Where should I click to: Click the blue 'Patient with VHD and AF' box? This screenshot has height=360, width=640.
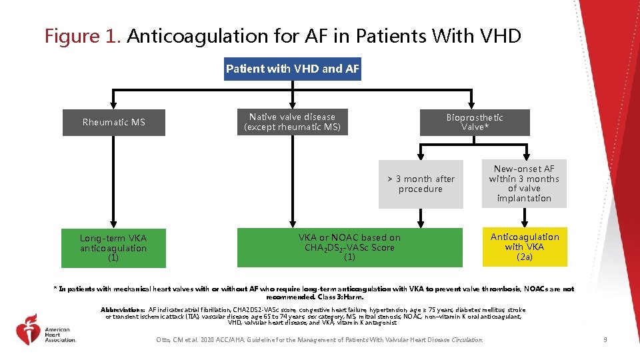coord(293,69)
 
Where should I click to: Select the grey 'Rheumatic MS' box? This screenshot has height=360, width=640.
coord(114,122)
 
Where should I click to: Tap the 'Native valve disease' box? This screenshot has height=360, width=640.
coord(292,122)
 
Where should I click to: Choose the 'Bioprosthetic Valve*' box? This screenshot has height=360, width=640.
coord(474,122)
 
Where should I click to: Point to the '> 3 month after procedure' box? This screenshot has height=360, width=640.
coord(421,184)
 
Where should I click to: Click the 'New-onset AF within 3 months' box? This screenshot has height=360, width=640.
coord(524,183)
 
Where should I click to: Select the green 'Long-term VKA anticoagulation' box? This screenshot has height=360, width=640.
coord(113,247)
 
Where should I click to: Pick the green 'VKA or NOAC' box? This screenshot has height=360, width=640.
coord(349,247)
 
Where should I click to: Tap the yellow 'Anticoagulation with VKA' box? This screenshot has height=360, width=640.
coord(525,247)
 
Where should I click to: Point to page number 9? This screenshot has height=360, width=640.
coord(604,340)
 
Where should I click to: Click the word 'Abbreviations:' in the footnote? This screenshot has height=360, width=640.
coord(123,310)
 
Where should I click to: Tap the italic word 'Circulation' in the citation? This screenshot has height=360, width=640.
coord(466,340)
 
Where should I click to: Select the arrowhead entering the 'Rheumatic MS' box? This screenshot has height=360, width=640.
coord(114,105)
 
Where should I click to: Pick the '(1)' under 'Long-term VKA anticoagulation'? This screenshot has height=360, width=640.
coord(113,258)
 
